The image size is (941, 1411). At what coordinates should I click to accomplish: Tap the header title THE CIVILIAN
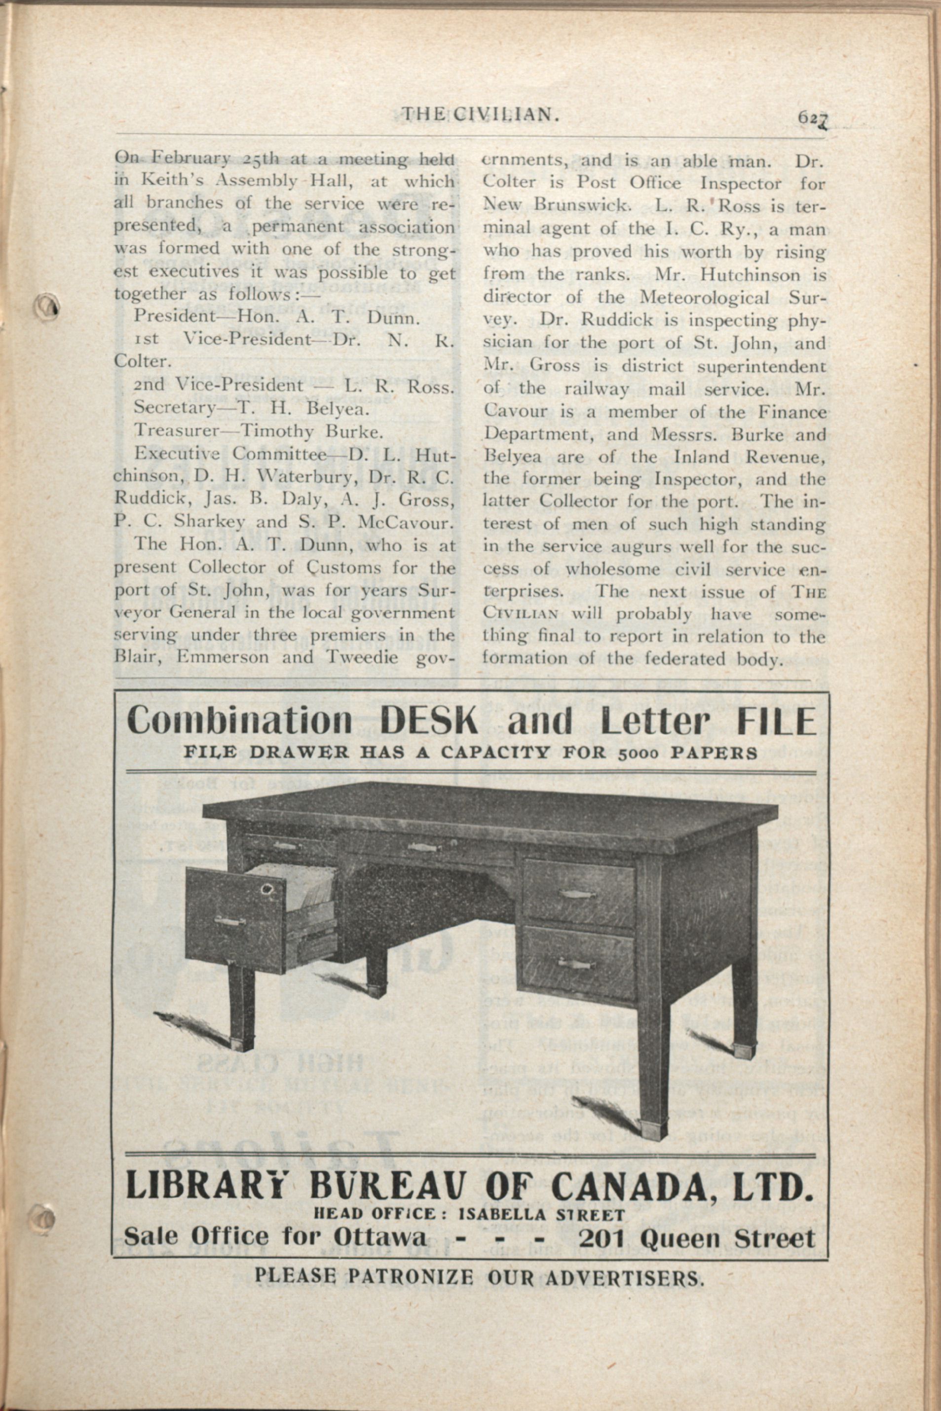(481, 113)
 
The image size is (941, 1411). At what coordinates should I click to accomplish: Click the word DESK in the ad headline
(430, 722)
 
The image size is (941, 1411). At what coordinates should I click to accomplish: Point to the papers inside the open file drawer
(294, 894)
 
